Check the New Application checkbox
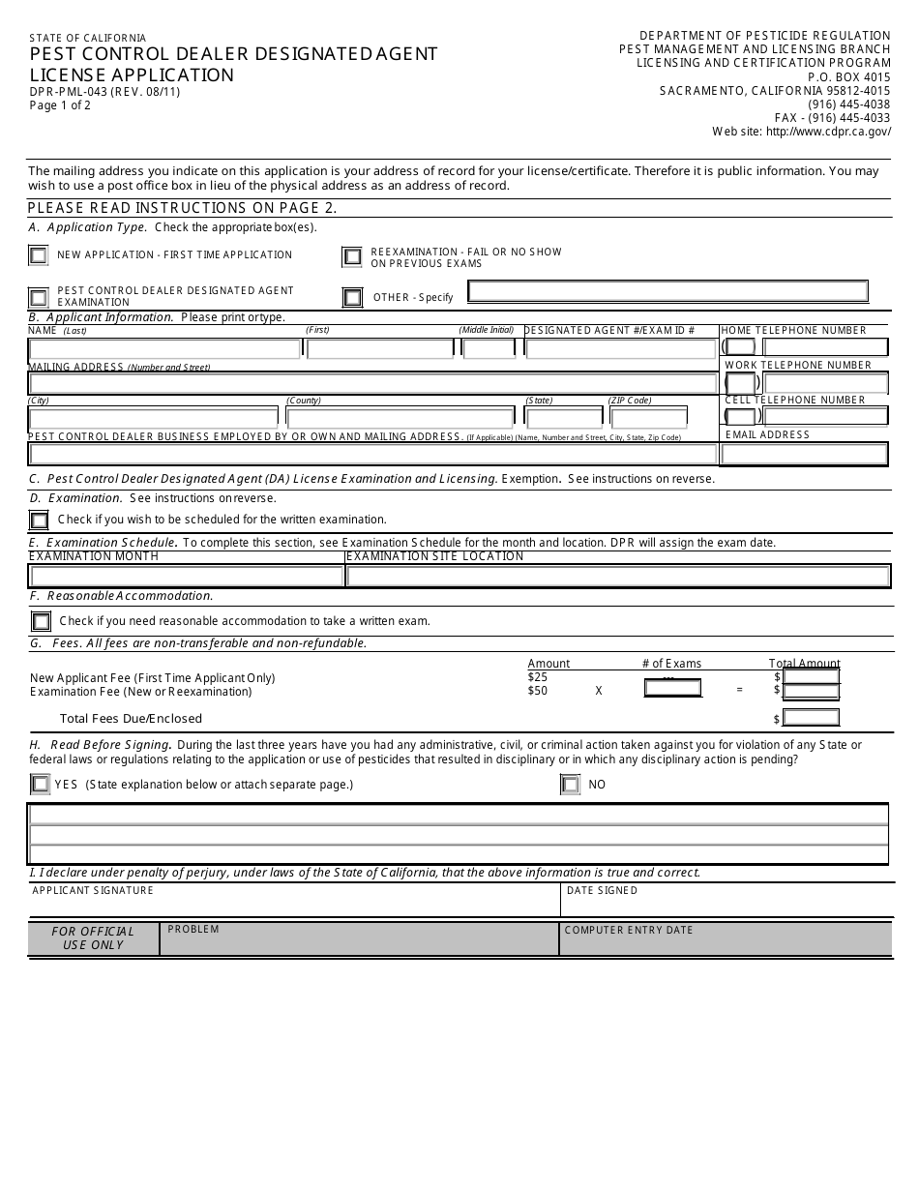(x=38, y=255)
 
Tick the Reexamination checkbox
(x=352, y=256)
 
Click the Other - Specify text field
(x=667, y=291)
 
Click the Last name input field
(x=164, y=348)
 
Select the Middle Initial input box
(x=489, y=348)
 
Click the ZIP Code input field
(x=648, y=418)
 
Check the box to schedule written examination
(x=39, y=521)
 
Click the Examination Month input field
(x=186, y=576)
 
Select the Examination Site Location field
(x=617, y=576)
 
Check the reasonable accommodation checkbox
(x=41, y=621)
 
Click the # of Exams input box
(x=672, y=689)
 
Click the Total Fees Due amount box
(x=811, y=718)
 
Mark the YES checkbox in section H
(x=40, y=785)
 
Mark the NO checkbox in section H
(x=570, y=785)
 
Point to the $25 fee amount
(x=537, y=677)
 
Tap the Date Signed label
(x=602, y=890)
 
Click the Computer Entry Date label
(x=629, y=930)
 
